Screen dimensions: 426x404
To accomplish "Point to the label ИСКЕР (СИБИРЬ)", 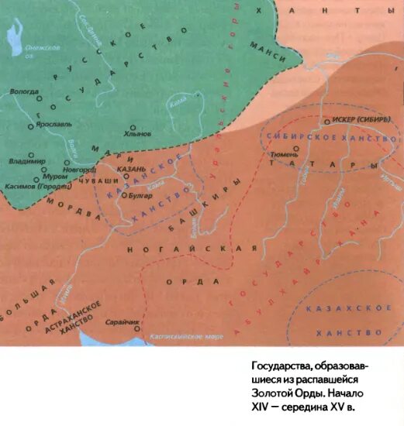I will click(x=357, y=120).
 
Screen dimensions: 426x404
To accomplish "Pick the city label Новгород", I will click(x=80, y=169).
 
